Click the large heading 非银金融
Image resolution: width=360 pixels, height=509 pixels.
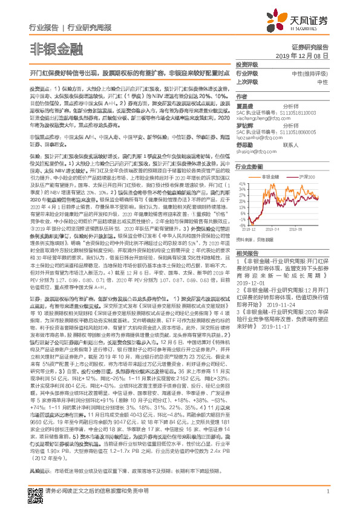coord(48,48)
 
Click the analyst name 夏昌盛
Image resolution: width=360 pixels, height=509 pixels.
coord(245,105)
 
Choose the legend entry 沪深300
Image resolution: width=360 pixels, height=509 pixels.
coord(308,176)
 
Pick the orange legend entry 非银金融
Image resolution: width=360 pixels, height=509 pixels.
coord(275,176)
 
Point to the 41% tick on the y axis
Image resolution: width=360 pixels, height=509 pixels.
coord(241,181)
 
